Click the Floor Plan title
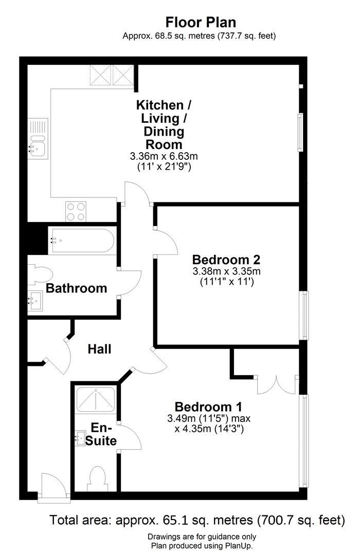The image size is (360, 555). pos(200,23)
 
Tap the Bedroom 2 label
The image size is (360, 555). pos(226,259)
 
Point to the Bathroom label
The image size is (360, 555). pos(77,288)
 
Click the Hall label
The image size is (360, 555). pos(100,349)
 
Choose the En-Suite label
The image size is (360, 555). pos(103,434)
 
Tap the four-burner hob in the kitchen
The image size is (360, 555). pos(76,211)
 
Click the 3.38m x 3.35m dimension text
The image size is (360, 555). pos(226,271)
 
